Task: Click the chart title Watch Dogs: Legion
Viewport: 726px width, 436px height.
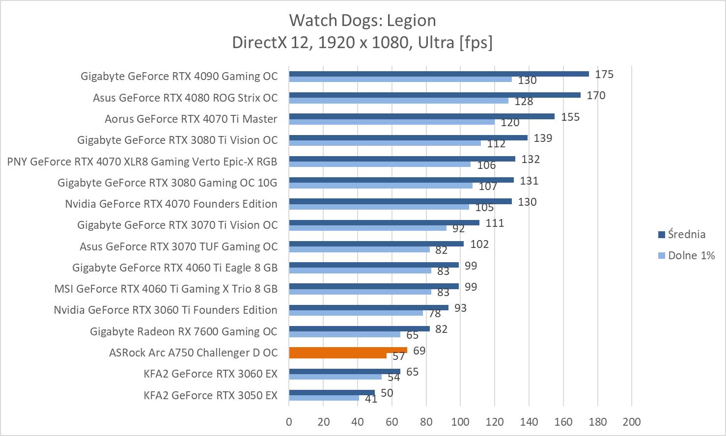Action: (363, 20)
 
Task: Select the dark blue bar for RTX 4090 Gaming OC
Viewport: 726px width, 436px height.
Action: (439, 74)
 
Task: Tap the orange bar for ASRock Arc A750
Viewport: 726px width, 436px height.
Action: (348, 351)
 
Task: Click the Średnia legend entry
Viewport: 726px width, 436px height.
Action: (686, 234)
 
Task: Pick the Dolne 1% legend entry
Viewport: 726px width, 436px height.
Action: (691, 255)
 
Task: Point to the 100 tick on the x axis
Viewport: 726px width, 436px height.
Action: (460, 422)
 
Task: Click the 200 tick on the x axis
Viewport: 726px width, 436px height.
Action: (631, 422)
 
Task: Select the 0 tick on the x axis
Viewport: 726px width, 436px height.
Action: (289, 422)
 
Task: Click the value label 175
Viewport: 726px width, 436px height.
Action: (604, 74)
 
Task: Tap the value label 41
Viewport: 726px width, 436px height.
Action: (371, 399)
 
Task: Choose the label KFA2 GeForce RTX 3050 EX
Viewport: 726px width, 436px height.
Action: (210, 395)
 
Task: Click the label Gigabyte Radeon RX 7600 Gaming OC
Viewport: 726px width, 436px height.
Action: (183, 331)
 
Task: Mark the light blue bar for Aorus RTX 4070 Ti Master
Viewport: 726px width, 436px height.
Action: (391, 122)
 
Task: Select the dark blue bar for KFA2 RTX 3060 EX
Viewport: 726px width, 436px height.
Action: (344, 372)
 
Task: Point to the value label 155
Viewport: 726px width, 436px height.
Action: (570, 117)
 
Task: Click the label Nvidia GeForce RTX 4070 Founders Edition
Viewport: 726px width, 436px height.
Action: (171, 204)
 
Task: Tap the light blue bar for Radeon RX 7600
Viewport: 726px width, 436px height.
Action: (344, 334)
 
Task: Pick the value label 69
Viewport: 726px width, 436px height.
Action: (419, 351)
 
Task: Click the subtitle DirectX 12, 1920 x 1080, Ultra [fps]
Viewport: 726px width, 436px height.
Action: (363, 43)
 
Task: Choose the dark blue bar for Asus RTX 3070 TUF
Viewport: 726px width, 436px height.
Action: (376, 244)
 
